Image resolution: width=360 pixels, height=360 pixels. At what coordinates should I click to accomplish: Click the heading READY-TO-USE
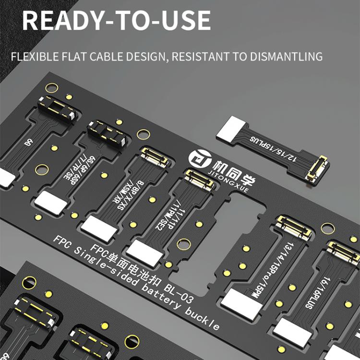(x=116, y=20)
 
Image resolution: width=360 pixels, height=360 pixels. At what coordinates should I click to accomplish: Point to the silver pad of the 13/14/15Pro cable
(x=242, y=303)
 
